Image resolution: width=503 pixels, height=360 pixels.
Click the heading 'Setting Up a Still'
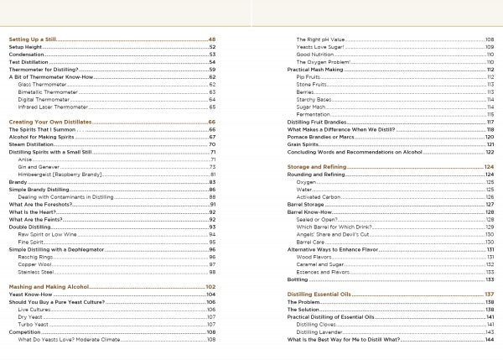click(32, 39)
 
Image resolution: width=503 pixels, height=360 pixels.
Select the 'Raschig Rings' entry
click(36, 257)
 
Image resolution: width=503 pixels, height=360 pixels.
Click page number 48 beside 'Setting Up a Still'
click(212, 39)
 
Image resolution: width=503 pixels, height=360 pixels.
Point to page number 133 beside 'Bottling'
click(489, 279)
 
